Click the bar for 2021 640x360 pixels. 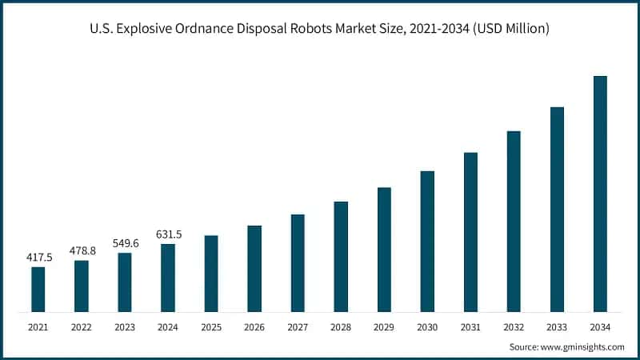tap(38, 289)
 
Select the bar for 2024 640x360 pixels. tap(168, 278)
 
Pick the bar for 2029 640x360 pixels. tap(384, 250)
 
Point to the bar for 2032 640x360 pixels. tap(514, 221)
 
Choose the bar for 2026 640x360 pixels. tap(254, 268)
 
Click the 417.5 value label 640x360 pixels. tap(38, 258)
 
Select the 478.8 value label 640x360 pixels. tap(82, 250)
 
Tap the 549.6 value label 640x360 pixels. tap(125, 243)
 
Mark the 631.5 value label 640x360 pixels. tap(168, 234)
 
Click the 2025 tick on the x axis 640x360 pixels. tap(211, 327)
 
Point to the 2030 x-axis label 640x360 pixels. tap(427, 327)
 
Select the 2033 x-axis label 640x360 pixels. tap(557, 327)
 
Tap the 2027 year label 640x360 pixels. tap(298, 327)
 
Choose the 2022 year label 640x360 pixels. tap(82, 327)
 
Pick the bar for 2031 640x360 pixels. tap(470, 232)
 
